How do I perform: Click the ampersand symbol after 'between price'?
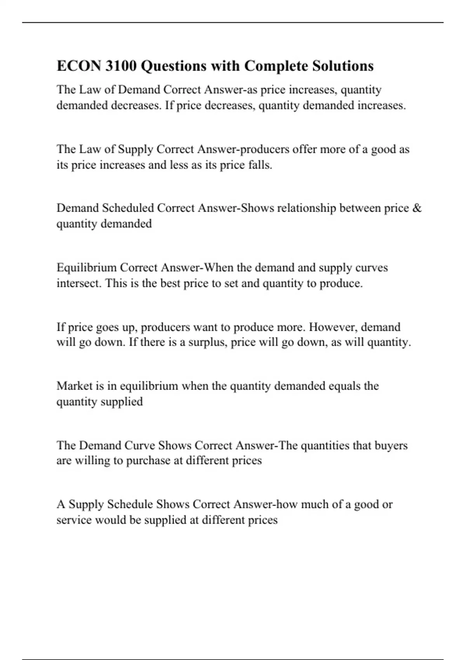(417, 208)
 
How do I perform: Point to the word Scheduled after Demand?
(128, 208)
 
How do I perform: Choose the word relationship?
(306, 208)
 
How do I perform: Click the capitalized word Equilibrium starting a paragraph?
(87, 267)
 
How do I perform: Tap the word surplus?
(207, 342)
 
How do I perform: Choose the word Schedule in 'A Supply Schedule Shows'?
(130, 504)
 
